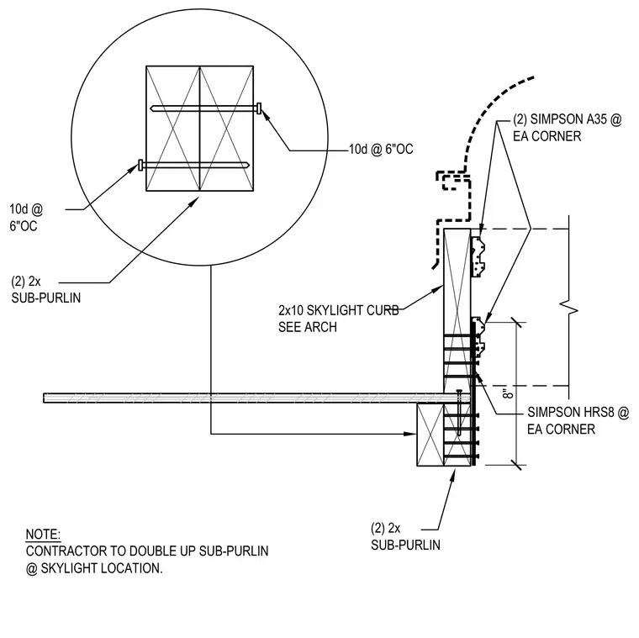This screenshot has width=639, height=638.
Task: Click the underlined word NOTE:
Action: tap(43, 534)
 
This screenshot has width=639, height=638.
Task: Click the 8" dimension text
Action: tap(508, 393)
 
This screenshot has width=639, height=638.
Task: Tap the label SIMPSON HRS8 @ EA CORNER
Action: tap(578, 420)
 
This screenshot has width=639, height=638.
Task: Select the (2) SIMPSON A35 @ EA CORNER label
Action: tap(568, 128)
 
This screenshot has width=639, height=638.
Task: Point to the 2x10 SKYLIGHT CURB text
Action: tap(339, 310)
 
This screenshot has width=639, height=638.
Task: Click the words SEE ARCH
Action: tap(308, 327)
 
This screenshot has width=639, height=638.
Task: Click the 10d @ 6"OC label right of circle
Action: tap(381, 150)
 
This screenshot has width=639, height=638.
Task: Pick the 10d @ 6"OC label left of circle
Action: tap(26, 218)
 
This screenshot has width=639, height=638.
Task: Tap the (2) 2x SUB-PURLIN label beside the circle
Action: tap(45, 290)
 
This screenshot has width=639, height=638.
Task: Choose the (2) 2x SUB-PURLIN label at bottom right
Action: tap(405, 536)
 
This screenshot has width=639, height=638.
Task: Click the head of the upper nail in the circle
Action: tap(259, 108)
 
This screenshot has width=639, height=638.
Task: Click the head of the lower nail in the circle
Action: tap(141, 165)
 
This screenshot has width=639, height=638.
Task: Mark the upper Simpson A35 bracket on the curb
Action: tap(478, 256)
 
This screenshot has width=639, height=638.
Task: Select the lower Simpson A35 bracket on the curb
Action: tap(478, 336)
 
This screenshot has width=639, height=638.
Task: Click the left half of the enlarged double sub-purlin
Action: tap(173, 129)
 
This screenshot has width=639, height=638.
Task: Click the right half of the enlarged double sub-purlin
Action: tap(226, 129)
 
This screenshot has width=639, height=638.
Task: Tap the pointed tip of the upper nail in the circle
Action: tap(151, 108)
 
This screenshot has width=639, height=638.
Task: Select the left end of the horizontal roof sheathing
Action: tap(44, 398)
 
